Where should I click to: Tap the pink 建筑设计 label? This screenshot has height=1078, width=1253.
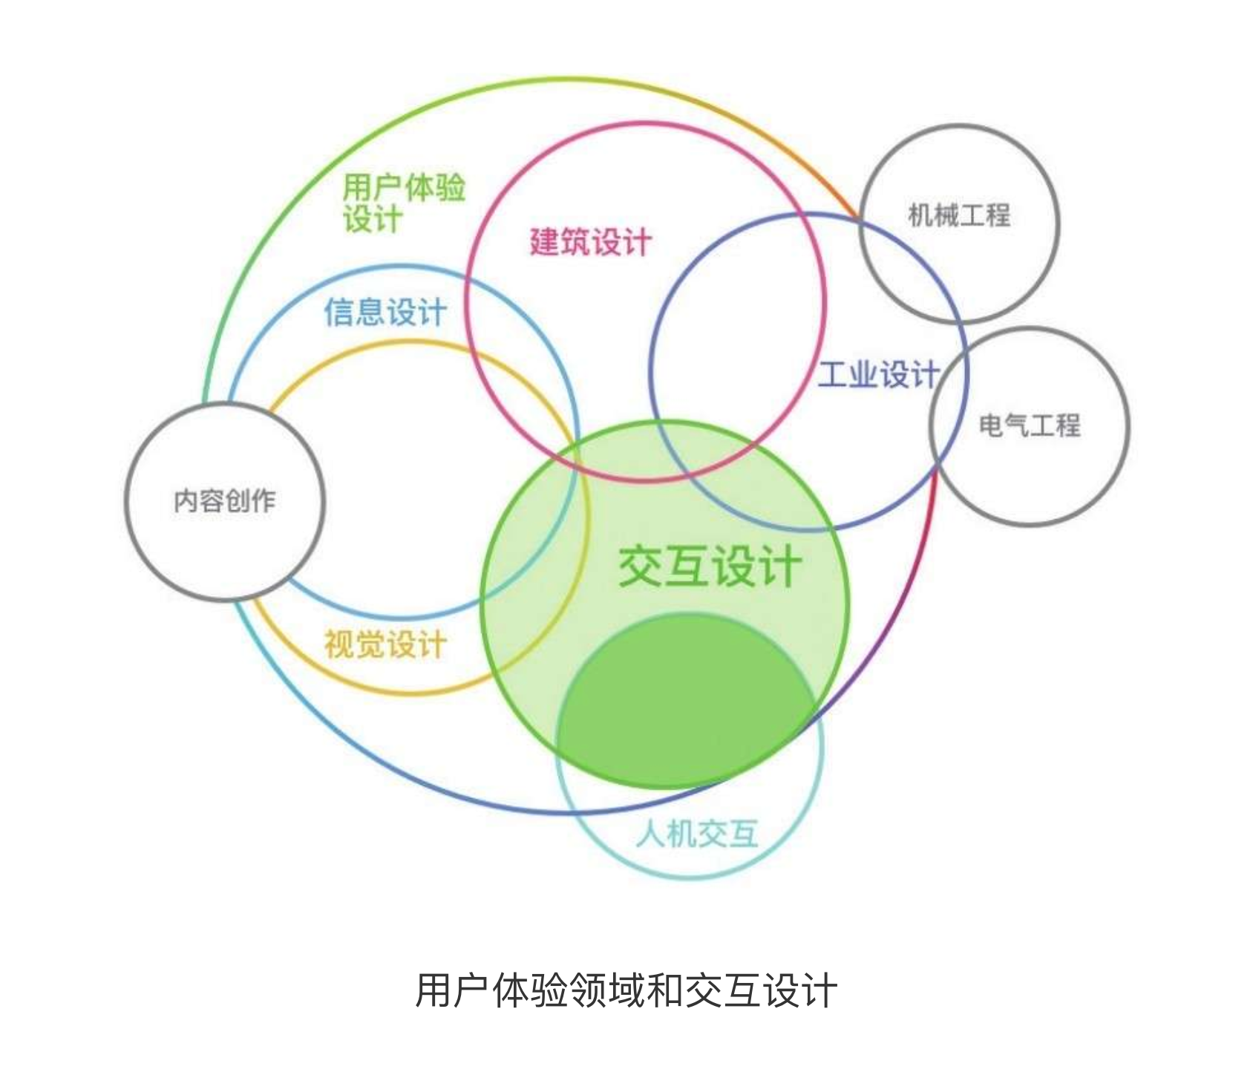590,242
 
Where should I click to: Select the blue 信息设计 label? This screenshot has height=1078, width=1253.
385,312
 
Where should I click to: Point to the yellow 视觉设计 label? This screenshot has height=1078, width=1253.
385,644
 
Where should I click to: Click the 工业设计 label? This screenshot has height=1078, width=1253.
878,374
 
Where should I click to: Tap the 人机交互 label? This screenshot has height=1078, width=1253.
696,834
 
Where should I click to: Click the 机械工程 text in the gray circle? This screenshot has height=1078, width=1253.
959,215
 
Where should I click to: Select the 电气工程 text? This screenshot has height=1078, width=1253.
1029,425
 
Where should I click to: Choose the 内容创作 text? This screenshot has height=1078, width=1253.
224,501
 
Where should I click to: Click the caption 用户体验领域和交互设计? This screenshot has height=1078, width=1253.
626,990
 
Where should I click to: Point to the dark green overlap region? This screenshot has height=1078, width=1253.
683,705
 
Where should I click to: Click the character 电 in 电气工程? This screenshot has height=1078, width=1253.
991,425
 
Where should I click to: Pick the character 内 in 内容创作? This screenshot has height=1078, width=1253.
186,501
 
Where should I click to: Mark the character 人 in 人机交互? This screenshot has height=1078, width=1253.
650,834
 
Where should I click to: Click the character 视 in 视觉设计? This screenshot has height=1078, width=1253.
338,644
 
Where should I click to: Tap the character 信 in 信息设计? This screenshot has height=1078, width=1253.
338,312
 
